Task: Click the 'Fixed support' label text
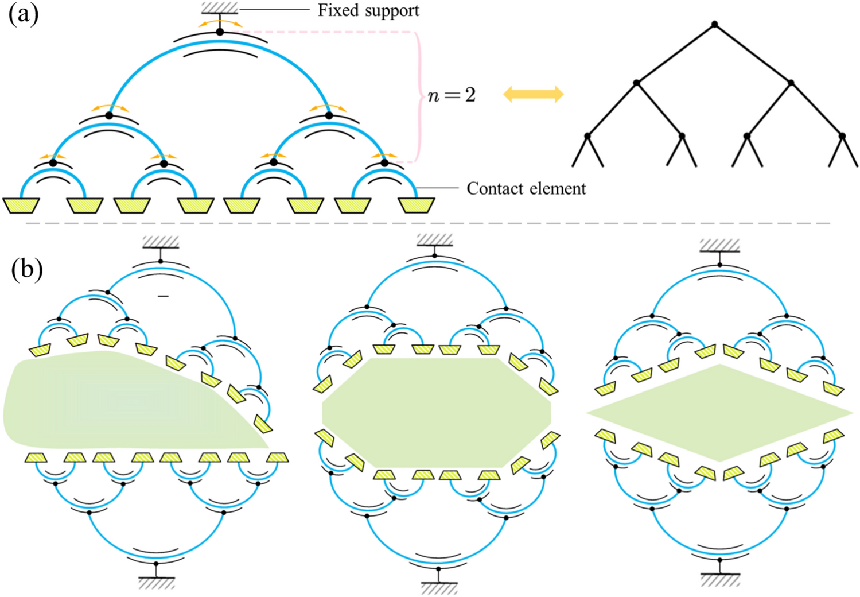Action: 368,10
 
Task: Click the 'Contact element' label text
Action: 526,189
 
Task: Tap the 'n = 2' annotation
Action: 452,95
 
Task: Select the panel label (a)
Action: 24,14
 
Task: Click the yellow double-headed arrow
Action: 534,94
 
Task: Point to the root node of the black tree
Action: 714,24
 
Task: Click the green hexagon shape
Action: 436,412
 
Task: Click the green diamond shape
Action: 719,413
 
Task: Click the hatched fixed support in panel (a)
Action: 220,8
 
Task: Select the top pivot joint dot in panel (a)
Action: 220,32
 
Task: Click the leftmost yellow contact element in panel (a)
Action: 21,205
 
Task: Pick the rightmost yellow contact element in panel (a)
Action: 416,205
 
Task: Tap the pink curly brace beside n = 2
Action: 418,96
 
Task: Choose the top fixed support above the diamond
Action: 719,246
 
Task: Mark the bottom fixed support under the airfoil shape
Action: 156,583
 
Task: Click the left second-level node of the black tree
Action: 636,83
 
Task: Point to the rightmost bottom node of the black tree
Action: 842,136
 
